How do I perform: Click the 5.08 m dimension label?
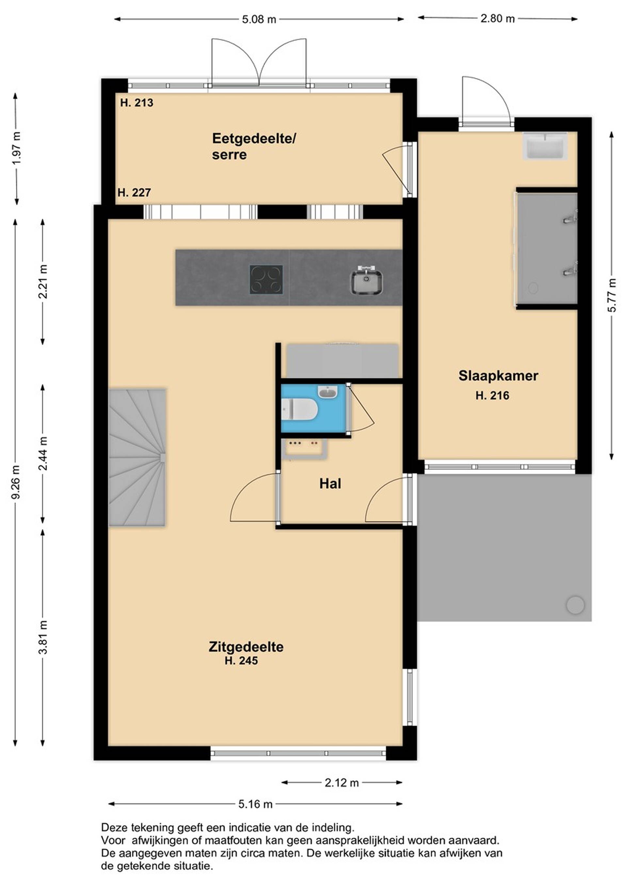click(x=259, y=19)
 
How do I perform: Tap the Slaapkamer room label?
click(x=498, y=375)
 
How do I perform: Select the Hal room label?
click(x=330, y=483)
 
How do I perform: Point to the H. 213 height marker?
click(x=137, y=103)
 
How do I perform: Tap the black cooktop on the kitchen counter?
click(x=266, y=279)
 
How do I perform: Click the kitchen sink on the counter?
click(x=366, y=282)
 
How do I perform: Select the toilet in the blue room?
click(x=299, y=409)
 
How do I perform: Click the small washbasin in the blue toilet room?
click(x=328, y=392)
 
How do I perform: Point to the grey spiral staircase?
click(x=137, y=457)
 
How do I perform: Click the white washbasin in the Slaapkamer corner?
click(x=545, y=145)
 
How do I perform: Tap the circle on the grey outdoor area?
click(x=575, y=605)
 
